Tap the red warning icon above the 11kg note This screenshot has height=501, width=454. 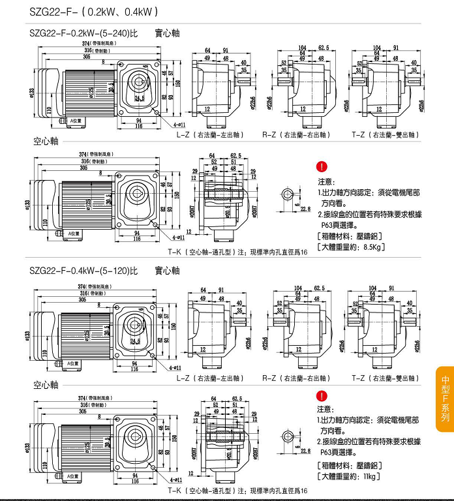pos(321,395)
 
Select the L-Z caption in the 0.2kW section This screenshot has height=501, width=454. pos(209,135)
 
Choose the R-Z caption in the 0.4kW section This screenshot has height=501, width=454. pos(295,378)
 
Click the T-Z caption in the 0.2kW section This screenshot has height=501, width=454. pos(385,135)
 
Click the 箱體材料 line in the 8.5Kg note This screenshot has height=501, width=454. pos(349,235)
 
